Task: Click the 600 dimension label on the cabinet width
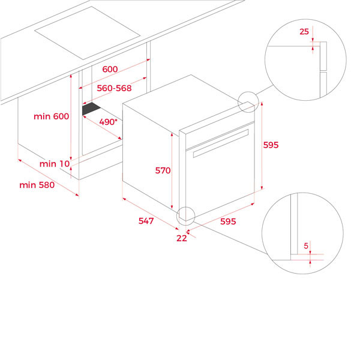(x=110, y=69)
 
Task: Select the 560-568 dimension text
(x=114, y=88)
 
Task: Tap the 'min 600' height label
(x=51, y=116)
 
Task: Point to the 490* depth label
(x=108, y=122)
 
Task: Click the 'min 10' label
(x=55, y=164)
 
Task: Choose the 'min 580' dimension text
(x=37, y=185)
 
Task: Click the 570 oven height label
(x=163, y=170)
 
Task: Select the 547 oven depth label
(x=146, y=221)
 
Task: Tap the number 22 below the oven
(x=182, y=238)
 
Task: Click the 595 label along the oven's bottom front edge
(x=228, y=221)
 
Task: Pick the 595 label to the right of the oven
(x=271, y=145)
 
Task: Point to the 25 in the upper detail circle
(x=304, y=31)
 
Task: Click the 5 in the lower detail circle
(x=306, y=246)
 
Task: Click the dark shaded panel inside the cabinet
(x=91, y=109)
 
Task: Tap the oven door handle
(x=221, y=143)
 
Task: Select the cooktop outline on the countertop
(x=87, y=33)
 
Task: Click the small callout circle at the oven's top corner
(x=248, y=102)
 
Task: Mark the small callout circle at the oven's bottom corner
(x=185, y=216)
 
